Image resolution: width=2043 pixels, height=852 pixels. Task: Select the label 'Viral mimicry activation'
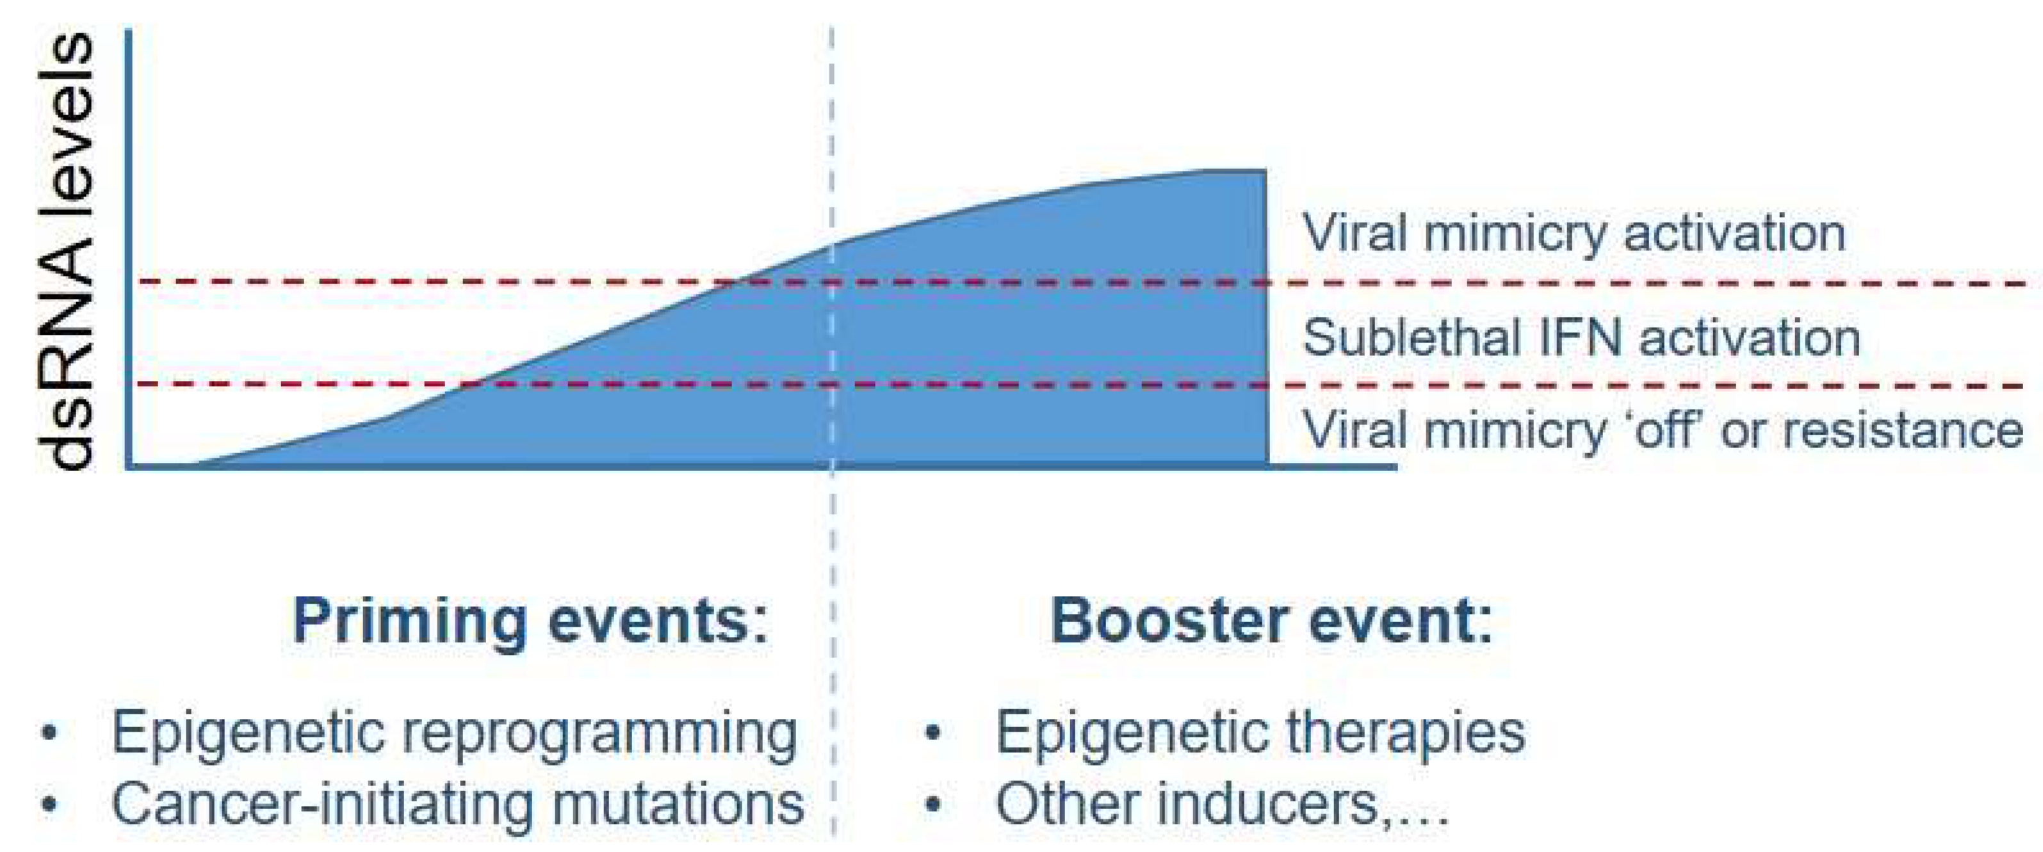pyautogui.click(x=1574, y=234)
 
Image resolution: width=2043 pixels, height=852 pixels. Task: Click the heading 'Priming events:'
pyautogui.click(x=530, y=620)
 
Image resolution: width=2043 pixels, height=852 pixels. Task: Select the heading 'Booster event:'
pyautogui.click(x=1271, y=620)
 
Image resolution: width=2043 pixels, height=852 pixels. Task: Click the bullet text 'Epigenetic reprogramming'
pyautogui.click(x=453, y=733)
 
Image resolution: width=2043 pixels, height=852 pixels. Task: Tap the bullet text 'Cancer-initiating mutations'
pyautogui.click(x=458, y=803)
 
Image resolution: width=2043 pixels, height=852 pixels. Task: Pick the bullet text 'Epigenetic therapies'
pyautogui.click(x=1260, y=732)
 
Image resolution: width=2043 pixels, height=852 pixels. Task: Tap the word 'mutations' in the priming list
pyautogui.click(x=678, y=803)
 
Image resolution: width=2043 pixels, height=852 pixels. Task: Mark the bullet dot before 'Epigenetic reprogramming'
pyautogui.click(x=50, y=732)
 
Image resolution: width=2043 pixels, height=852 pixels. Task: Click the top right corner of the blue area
pyautogui.click(x=1264, y=171)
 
